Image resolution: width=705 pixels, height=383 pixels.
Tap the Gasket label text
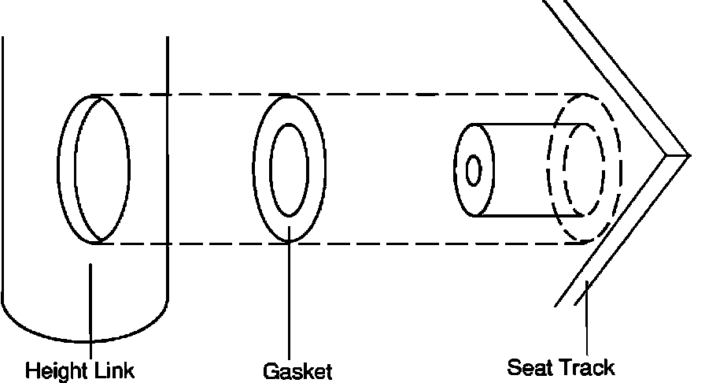point(297,371)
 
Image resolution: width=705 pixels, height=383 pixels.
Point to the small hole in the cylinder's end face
point(474,169)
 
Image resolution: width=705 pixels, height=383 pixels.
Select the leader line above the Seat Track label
point(586,323)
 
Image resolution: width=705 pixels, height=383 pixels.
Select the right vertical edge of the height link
point(168,158)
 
